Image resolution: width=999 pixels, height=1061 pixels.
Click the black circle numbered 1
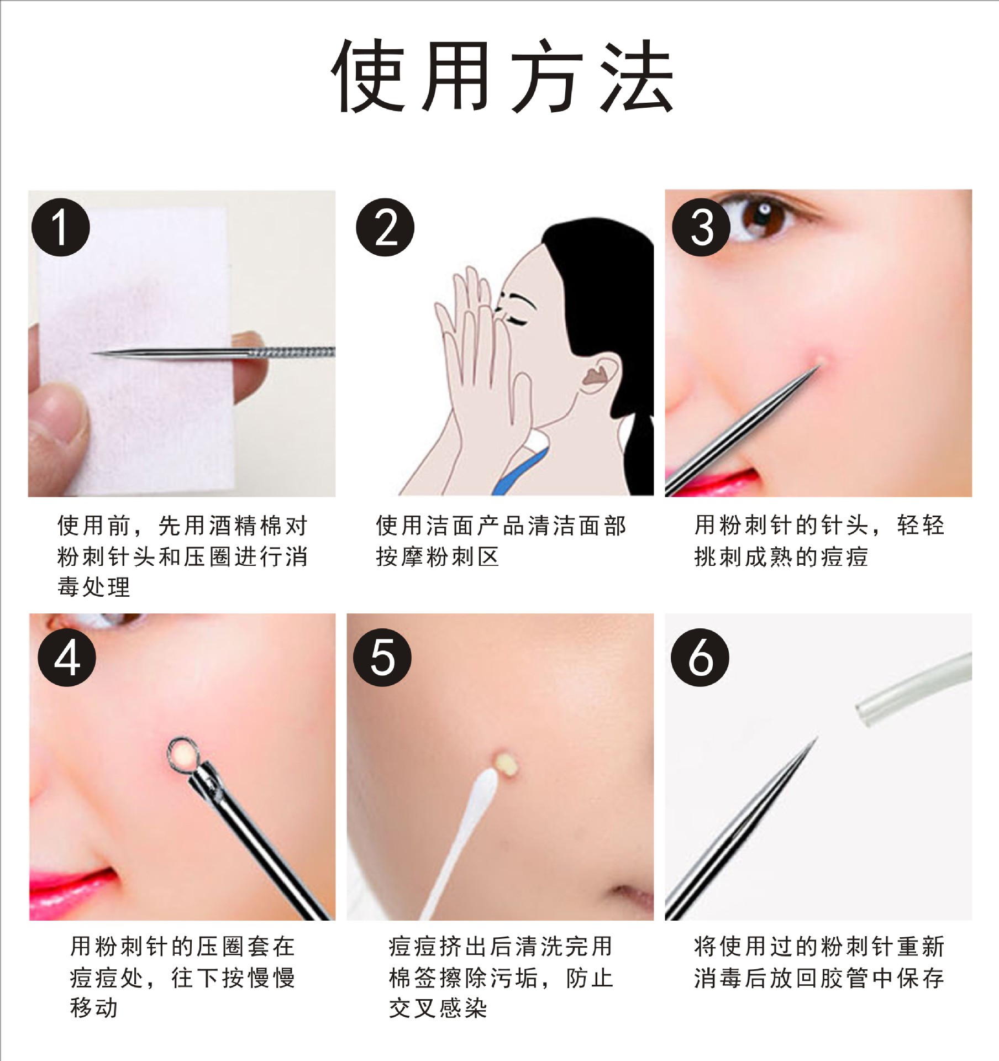(x=60, y=227)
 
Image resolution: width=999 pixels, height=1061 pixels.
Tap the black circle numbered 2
(x=385, y=227)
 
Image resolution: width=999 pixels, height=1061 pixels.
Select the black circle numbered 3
(x=701, y=227)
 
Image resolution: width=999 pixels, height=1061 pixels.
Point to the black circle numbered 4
(x=66, y=658)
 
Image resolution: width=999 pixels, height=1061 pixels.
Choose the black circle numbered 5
(x=382, y=658)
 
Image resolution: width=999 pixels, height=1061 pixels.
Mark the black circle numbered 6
(x=700, y=658)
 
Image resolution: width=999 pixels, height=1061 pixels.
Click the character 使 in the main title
(x=367, y=76)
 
